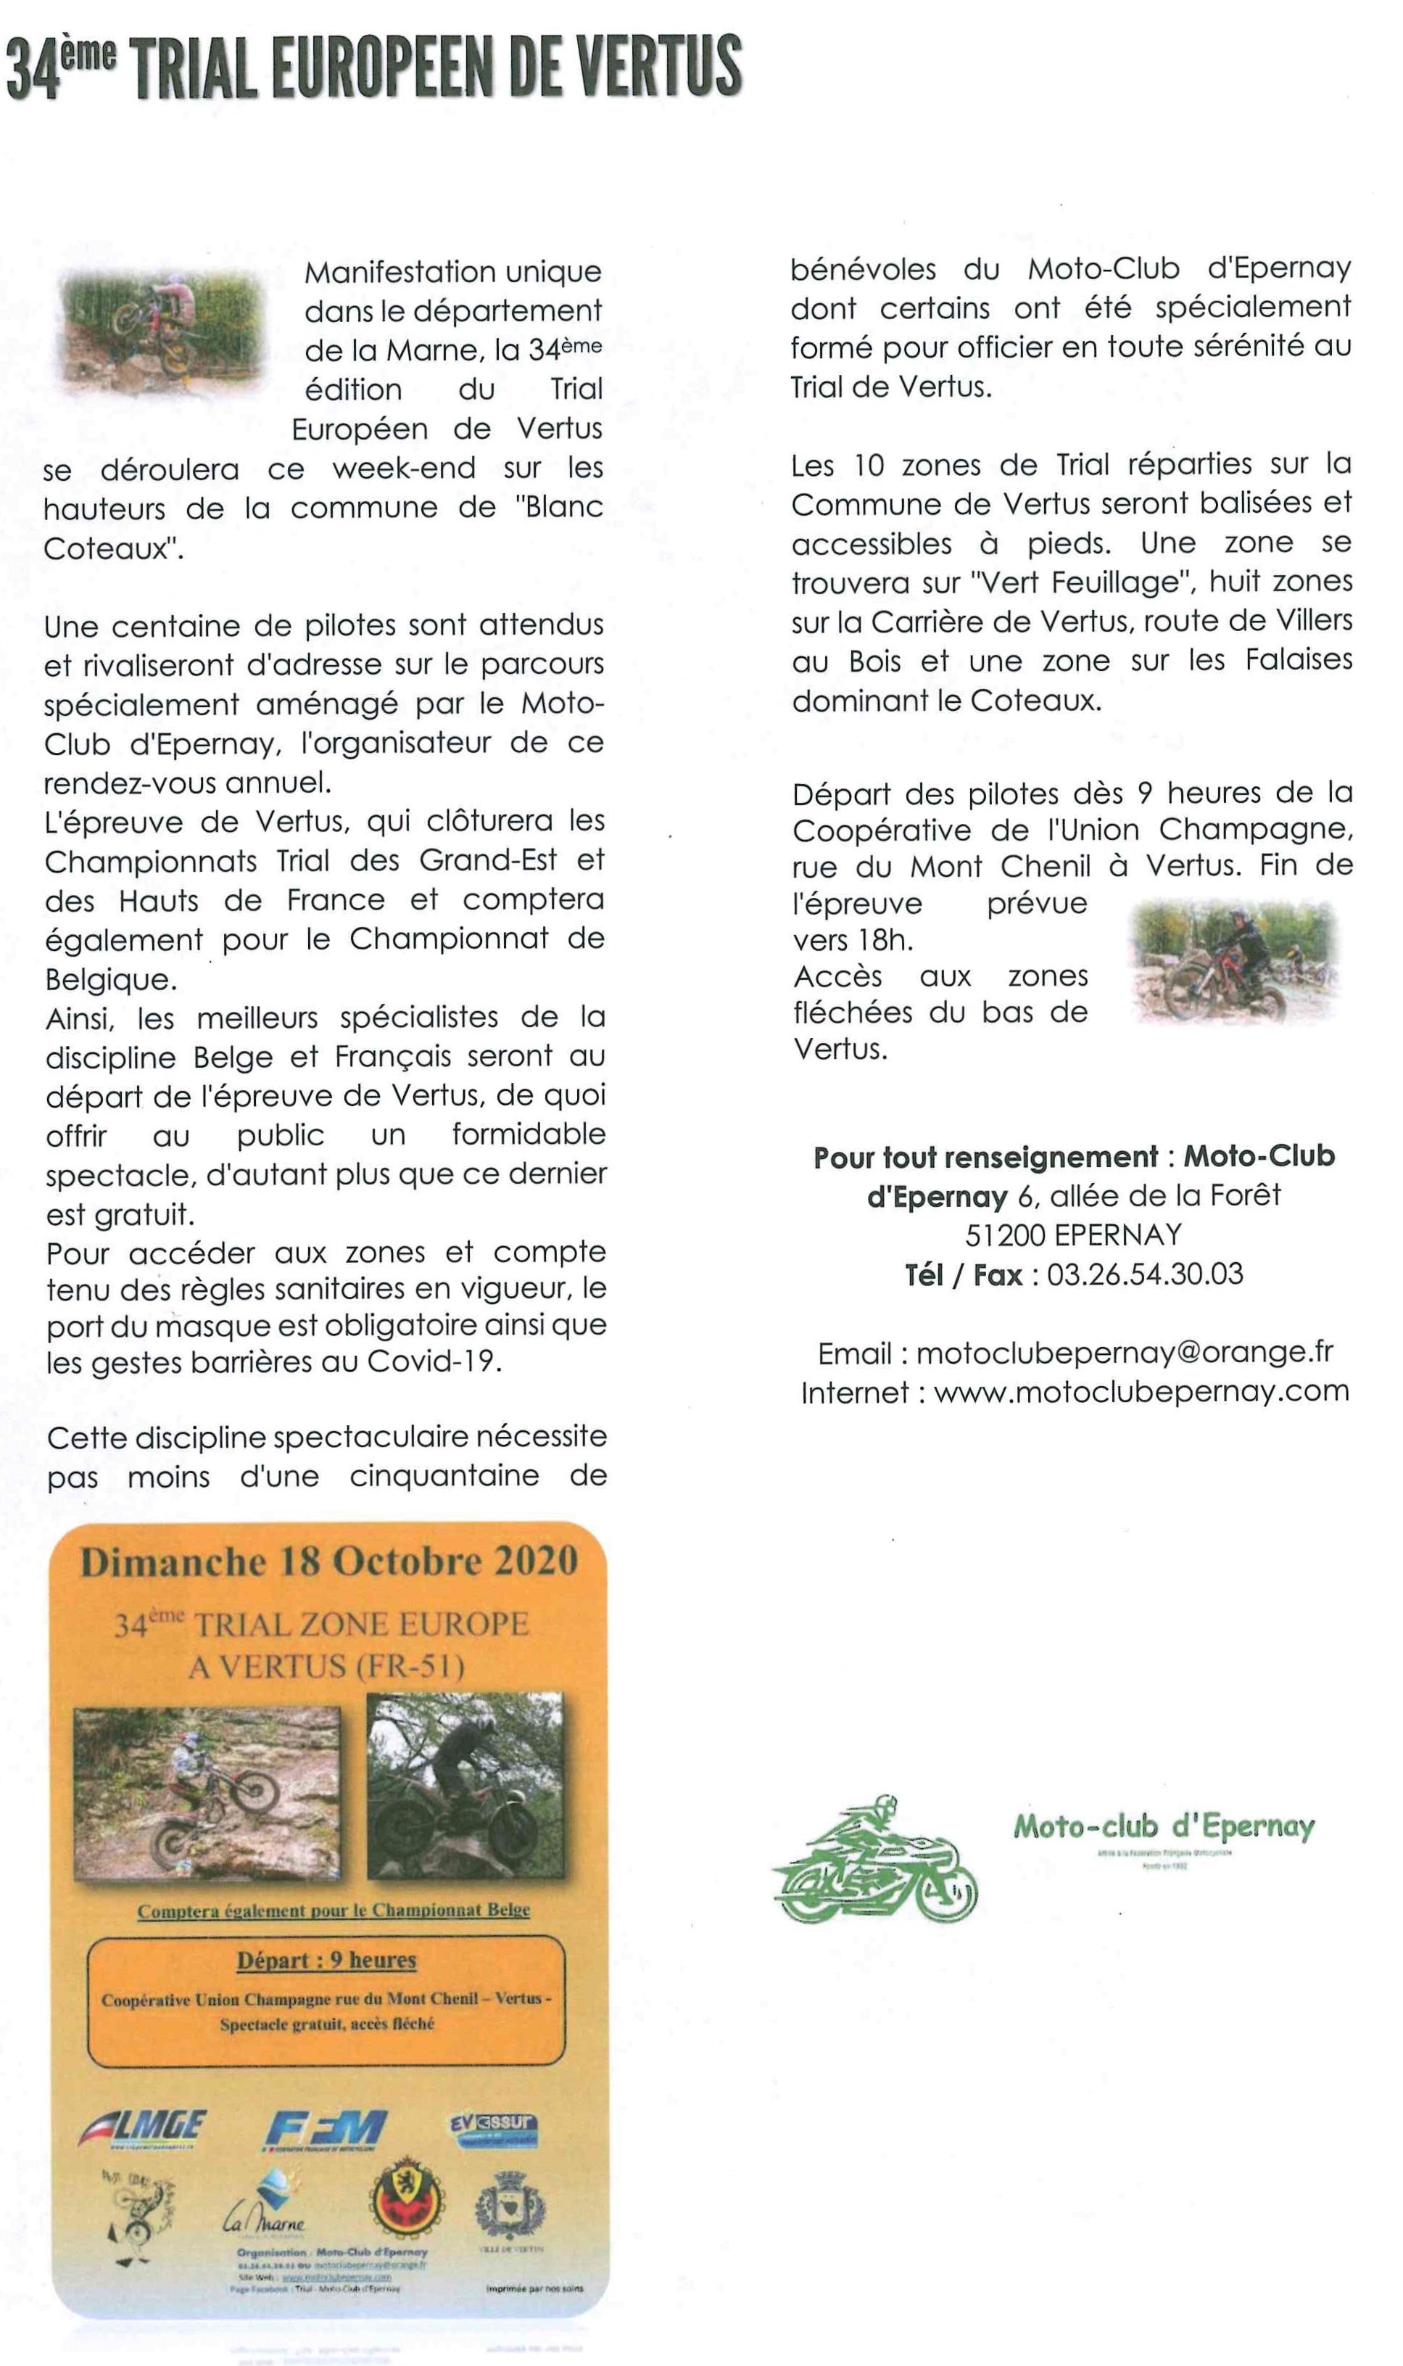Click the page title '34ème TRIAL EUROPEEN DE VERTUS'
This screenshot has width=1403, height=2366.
[x=373, y=68]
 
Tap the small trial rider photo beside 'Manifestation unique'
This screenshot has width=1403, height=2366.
[x=162, y=333]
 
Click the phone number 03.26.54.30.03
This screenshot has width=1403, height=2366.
[x=1145, y=1274]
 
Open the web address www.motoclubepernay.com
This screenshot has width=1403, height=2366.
[x=1141, y=1392]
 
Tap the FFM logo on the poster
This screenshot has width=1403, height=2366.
[x=326, y=2129]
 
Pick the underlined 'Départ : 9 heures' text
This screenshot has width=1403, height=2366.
[x=326, y=1961]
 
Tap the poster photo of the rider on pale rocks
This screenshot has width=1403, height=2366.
[x=207, y=1792]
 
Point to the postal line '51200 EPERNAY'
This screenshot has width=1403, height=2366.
[x=1073, y=1235]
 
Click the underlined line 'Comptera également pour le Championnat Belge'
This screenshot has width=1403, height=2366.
[x=333, y=1910]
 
